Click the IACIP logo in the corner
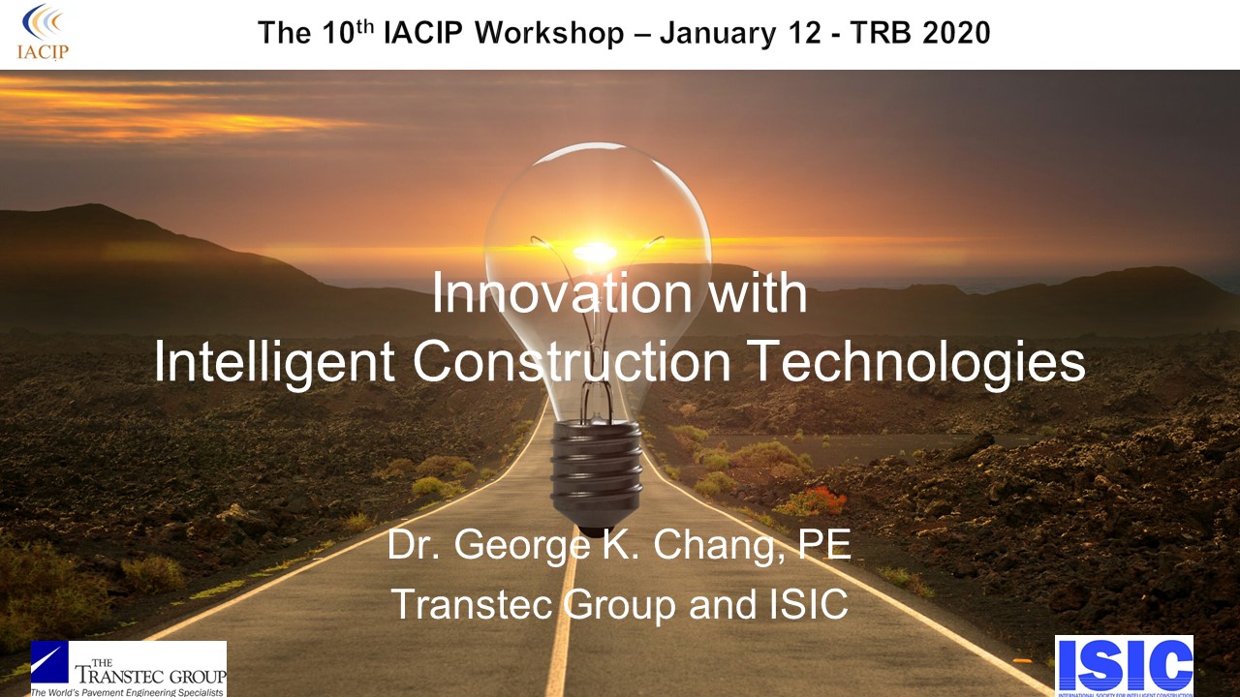click(x=44, y=32)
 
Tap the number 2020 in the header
click(x=950, y=34)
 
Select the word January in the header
click(x=716, y=34)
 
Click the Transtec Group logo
click(x=129, y=669)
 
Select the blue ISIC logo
click(x=1124, y=666)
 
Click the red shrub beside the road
click(x=812, y=501)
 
